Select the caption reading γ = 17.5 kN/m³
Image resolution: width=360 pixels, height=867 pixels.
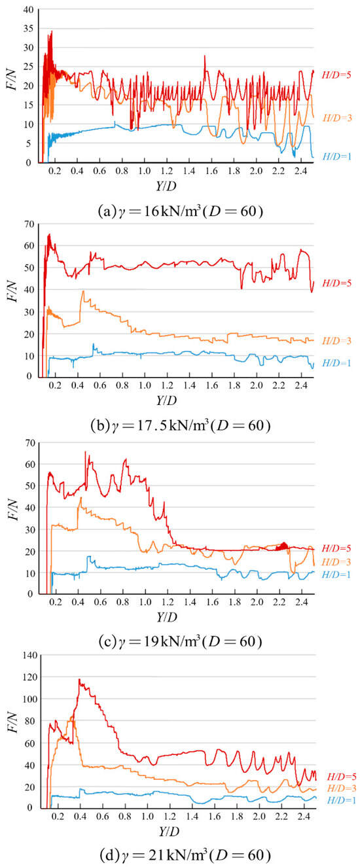coord(180,425)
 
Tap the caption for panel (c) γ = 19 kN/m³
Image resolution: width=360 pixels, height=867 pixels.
coord(180,642)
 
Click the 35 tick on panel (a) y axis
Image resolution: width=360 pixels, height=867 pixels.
coord(27,28)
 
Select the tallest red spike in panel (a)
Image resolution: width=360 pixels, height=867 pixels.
coord(52,31)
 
